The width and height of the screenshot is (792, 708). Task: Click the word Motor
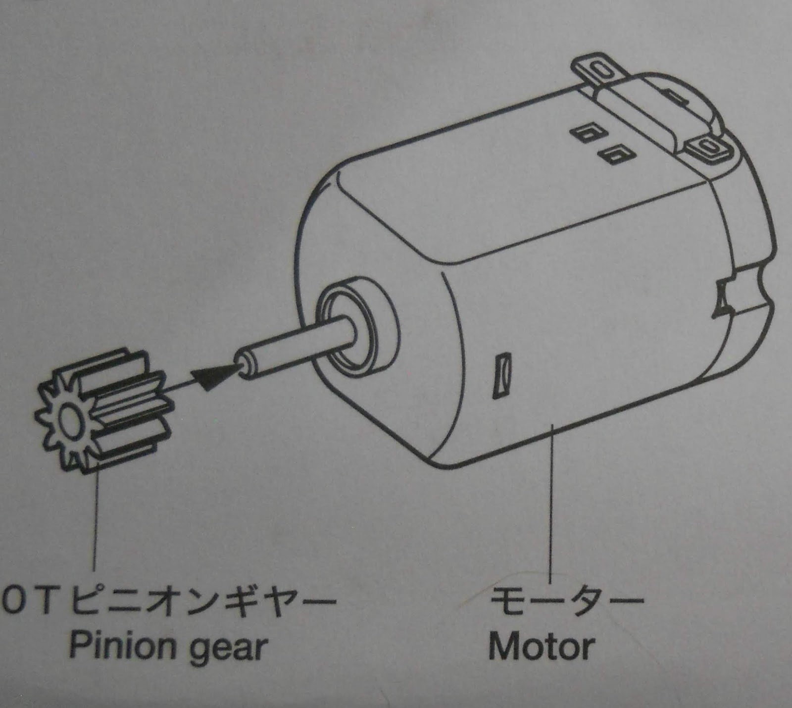542,647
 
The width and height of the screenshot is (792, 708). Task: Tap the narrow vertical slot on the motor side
500,376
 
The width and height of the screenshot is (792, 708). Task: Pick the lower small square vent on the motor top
614,154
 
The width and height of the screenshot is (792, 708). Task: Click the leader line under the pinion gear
95,520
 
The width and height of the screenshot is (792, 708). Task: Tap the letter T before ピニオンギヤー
44,601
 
